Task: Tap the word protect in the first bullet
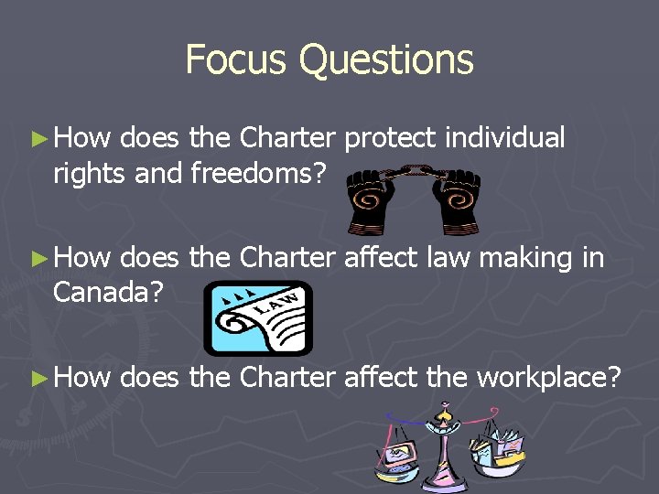[392, 139]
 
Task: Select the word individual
[505, 138]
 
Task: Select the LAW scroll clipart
[257, 317]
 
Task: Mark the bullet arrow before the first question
[37, 139]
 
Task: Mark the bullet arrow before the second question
[37, 259]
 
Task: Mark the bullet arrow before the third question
[37, 377]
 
